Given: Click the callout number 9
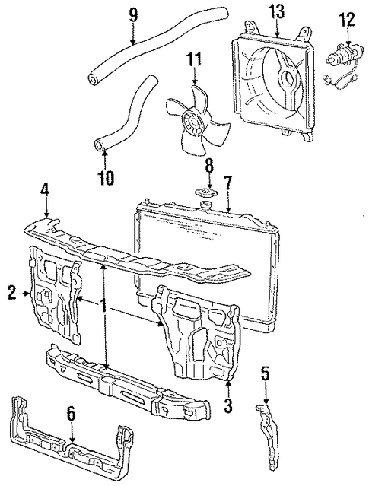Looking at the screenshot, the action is (x=133, y=16).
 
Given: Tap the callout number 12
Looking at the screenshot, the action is (x=346, y=19).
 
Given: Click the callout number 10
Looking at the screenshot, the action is (x=106, y=177).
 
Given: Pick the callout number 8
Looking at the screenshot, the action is (x=209, y=166).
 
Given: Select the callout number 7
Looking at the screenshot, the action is (x=227, y=185).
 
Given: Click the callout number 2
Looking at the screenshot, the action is (x=11, y=293).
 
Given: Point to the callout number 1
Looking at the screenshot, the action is (x=103, y=305).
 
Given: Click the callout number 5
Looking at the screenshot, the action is (x=266, y=375).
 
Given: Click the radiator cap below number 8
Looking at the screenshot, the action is (x=206, y=192).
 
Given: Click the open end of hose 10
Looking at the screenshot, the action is (x=99, y=145).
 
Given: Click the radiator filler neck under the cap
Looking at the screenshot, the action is (x=205, y=205).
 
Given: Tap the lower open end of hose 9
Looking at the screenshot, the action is (x=94, y=79).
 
